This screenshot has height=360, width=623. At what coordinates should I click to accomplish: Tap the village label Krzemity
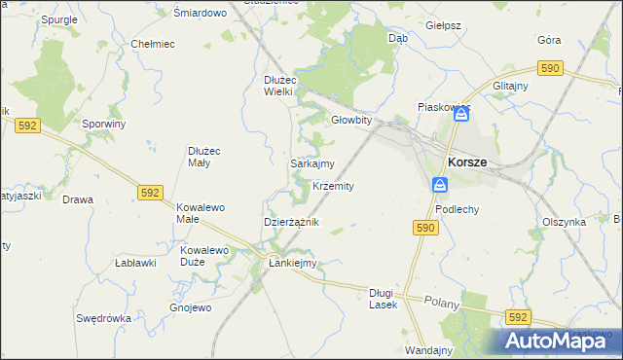point(333,186)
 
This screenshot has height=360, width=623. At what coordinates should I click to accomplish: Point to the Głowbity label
point(351,120)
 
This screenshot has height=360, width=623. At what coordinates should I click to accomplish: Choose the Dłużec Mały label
point(206,157)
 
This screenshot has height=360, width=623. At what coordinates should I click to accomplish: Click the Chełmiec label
point(152,44)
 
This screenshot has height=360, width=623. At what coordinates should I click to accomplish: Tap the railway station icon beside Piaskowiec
point(462,115)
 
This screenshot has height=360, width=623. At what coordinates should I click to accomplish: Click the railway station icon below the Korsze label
point(440,185)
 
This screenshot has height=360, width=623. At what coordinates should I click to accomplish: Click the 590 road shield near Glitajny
point(551,67)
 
